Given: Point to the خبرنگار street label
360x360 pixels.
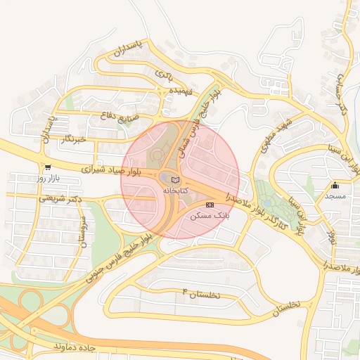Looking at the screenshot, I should (72, 139).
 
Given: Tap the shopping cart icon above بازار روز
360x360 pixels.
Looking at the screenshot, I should (48, 168).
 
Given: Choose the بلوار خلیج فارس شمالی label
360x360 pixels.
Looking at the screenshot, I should (198, 120).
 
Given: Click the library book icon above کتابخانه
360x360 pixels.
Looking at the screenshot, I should (175, 181).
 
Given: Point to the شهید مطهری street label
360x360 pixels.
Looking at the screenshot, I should (273, 136).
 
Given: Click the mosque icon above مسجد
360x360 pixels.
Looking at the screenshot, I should (335, 186).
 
